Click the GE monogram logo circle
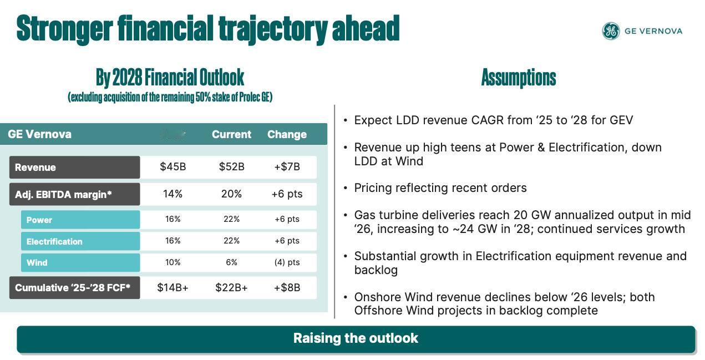[611, 31]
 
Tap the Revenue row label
[35, 168]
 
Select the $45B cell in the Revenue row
[173, 167]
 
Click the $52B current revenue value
[231, 167]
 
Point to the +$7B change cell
[287, 167]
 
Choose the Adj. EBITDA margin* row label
[63, 194]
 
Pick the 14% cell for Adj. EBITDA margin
[173, 194]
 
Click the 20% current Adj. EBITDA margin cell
[231, 194]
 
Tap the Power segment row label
[39, 220]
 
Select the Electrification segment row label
[54, 241]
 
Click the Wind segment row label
[37, 263]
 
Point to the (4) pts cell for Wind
[287, 262]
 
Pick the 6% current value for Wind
[231, 262]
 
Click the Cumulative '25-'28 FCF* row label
[73, 288]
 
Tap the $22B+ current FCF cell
[231, 287]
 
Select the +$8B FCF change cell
[287, 287]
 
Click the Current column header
[231, 134]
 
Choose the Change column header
[287, 134]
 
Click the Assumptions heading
[518, 78]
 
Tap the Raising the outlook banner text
[356, 338]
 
